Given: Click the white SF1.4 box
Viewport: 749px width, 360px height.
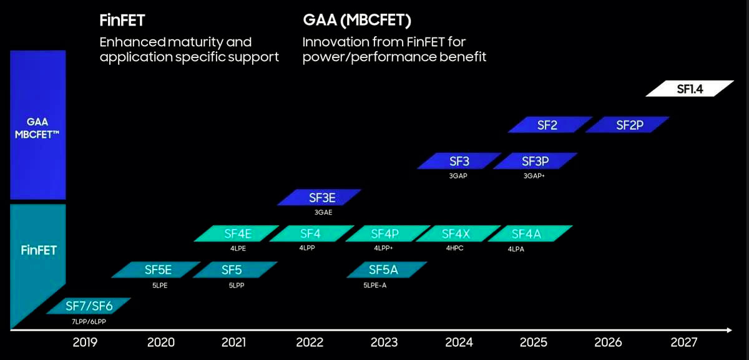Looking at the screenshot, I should pyautogui.click(x=690, y=89).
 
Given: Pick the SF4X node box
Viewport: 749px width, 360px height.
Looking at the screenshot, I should pyautogui.click(x=455, y=234).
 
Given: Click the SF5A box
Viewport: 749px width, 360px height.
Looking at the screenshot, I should pyautogui.click(x=388, y=270).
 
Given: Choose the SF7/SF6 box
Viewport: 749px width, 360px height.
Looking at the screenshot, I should pyautogui.click(x=89, y=306).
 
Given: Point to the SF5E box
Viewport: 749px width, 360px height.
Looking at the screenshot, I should pyautogui.click(x=157, y=270).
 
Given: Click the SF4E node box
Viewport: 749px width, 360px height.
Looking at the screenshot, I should pyautogui.click(x=237, y=234).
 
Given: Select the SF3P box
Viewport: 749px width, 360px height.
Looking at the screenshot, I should pyautogui.click(x=534, y=161).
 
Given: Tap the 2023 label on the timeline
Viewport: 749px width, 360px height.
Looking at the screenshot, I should pyautogui.click(x=384, y=342).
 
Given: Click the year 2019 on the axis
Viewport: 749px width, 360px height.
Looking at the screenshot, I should pyautogui.click(x=86, y=342).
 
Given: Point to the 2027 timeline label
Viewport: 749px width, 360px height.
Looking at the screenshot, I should pyautogui.click(x=683, y=342).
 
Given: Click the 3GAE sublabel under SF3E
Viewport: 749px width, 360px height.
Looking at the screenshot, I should pyautogui.click(x=323, y=212).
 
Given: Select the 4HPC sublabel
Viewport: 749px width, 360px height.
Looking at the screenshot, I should pyautogui.click(x=454, y=248).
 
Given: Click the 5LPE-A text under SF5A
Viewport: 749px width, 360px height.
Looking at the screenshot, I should pyautogui.click(x=375, y=285).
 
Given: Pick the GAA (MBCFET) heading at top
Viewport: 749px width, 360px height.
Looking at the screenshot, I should pyautogui.click(x=356, y=21).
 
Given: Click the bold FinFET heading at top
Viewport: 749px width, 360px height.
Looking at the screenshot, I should pyautogui.click(x=122, y=21).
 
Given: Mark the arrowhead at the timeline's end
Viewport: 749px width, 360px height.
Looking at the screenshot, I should pyautogui.click(x=728, y=329).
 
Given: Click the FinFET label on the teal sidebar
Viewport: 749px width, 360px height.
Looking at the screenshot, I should pyautogui.click(x=38, y=250).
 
